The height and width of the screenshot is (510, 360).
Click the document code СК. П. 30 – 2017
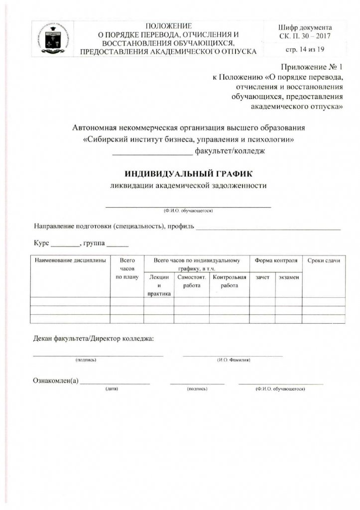305,36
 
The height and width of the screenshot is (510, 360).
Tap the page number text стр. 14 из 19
305,50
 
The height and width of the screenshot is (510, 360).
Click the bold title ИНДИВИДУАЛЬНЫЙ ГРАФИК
189,174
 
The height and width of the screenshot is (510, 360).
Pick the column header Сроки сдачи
324,260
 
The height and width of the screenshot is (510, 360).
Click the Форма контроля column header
276,260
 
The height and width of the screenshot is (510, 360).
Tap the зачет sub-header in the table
262,277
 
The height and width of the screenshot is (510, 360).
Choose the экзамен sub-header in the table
289,277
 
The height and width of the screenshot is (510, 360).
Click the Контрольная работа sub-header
230,281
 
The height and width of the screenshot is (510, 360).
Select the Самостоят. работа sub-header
192,281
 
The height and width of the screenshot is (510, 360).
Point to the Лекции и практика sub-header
159,285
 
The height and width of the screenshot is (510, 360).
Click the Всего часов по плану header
127,268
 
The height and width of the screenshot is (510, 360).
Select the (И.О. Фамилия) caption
234,360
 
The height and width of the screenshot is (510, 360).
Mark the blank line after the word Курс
65,246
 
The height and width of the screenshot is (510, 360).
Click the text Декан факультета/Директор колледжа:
94,339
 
